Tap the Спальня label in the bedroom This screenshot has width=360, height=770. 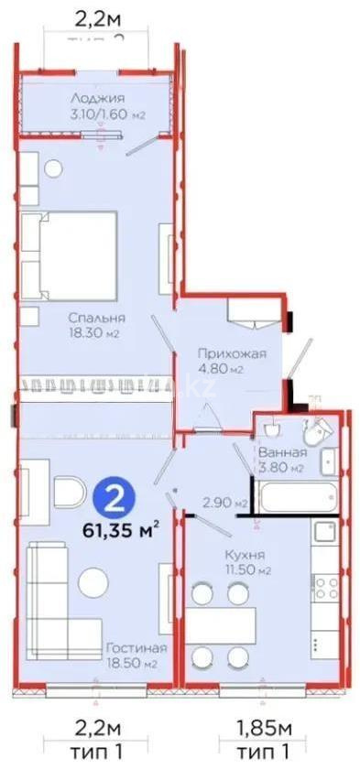pos(96,318)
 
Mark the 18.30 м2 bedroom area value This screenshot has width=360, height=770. pos(96,333)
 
